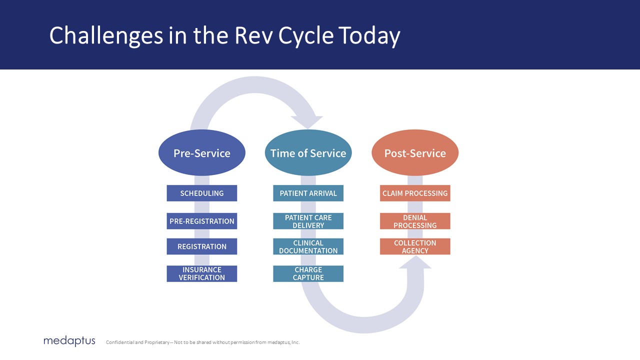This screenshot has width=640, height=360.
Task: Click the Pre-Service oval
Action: point(201,153)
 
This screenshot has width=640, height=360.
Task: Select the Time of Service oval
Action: point(308,153)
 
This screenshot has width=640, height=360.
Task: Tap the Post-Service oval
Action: point(415,153)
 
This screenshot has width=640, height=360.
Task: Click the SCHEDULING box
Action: point(201,193)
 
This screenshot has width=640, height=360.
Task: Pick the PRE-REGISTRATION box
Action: point(201,221)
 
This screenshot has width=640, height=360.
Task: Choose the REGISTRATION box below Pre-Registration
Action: point(201,246)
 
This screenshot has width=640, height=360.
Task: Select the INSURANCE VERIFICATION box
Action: point(201,273)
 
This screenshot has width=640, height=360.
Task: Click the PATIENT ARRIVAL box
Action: point(308,193)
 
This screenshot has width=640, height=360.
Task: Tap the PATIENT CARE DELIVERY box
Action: point(308,221)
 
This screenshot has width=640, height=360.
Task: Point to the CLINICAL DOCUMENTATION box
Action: point(308,246)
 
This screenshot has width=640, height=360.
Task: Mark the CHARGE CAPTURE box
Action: point(308,273)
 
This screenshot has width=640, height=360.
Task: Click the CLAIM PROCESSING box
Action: point(415,193)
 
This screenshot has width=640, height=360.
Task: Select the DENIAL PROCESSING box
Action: point(415,221)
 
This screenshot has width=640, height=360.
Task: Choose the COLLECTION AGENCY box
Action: point(415,246)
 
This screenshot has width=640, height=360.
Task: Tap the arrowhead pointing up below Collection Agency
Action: point(415,262)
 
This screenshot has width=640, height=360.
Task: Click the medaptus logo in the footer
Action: point(69,341)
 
